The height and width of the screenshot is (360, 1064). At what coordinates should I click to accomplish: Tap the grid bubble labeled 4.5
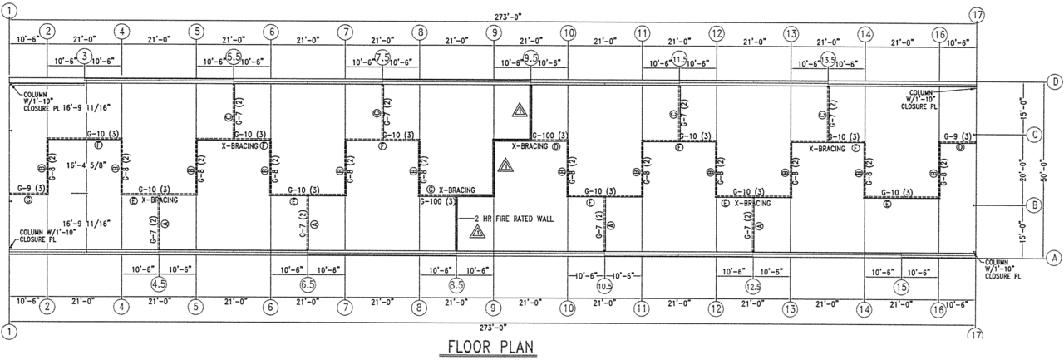(x=159, y=284)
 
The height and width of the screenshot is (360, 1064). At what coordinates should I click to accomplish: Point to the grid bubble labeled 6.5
(x=308, y=284)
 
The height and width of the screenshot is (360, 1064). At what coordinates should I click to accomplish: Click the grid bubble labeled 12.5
(x=753, y=286)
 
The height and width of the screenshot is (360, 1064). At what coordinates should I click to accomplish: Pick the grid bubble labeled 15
(x=901, y=287)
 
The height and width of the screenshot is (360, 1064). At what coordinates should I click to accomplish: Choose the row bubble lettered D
(x=1055, y=81)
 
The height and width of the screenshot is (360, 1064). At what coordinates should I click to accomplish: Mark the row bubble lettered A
(x=1055, y=257)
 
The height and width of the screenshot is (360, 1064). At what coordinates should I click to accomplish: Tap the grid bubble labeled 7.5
(x=382, y=57)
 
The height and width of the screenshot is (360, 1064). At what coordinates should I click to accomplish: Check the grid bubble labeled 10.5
(x=604, y=285)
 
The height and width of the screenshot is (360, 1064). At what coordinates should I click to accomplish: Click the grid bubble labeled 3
(x=85, y=57)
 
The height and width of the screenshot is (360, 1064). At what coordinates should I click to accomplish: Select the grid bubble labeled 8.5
(x=456, y=284)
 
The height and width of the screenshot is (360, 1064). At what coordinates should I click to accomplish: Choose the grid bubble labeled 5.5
(x=234, y=57)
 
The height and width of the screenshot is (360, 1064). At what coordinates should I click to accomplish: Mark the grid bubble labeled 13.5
(x=828, y=58)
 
